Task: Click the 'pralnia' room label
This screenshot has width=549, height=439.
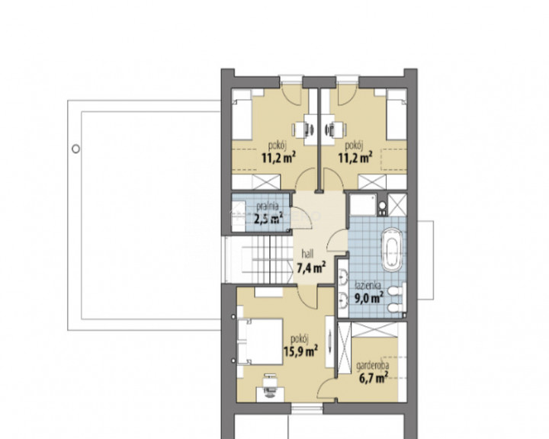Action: click(267, 207)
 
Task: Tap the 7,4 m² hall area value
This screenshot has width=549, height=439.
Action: click(312, 268)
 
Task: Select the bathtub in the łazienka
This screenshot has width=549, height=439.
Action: click(391, 249)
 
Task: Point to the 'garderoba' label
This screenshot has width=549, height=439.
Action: click(373, 366)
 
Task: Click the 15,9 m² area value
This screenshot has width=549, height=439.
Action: click(300, 351)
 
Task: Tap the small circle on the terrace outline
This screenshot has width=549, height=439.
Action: click(75, 149)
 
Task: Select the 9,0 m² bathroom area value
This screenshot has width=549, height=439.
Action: click(369, 298)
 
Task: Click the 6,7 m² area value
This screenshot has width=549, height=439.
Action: click(373, 377)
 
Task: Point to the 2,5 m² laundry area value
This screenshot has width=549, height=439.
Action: click(268, 219)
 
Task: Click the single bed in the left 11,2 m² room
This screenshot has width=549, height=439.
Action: click(242, 119)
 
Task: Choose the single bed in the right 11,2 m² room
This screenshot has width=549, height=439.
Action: click(396, 118)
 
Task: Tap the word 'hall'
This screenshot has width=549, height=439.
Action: click(307, 254)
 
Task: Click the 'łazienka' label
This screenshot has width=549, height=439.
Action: click(368, 285)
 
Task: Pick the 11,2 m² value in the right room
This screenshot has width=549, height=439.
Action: click(355, 158)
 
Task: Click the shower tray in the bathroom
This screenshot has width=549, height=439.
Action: click(364, 204)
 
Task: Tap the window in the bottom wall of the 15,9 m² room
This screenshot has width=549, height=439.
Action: click(307, 409)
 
